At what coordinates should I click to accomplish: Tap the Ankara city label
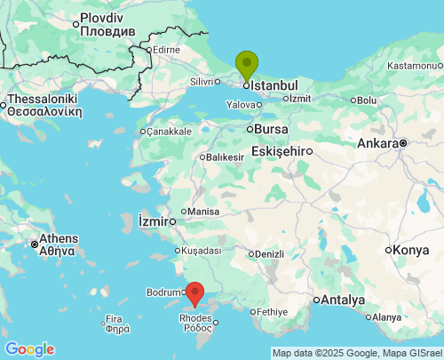pyautogui.click(x=377, y=143)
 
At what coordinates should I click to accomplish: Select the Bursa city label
pyautogui.click(x=271, y=129)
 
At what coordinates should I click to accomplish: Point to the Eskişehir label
pyautogui.click(x=278, y=151)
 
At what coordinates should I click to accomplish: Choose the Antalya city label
pyautogui.click(x=344, y=299)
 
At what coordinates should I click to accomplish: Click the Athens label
pyautogui.click(x=58, y=239)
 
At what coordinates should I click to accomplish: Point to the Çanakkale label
pyautogui.click(x=169, y=132)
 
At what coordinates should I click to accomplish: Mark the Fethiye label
pyautogui.click(x=272, y=312)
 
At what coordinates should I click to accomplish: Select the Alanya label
pyautogui.click(x=386, y=317)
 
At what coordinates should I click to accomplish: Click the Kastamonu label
pyautogui.click(x=414, y=66)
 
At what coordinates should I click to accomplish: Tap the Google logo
pyautogui.click(x=29, y=348)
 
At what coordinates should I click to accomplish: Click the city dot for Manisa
pyautogui.click(x=183, y=212)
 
